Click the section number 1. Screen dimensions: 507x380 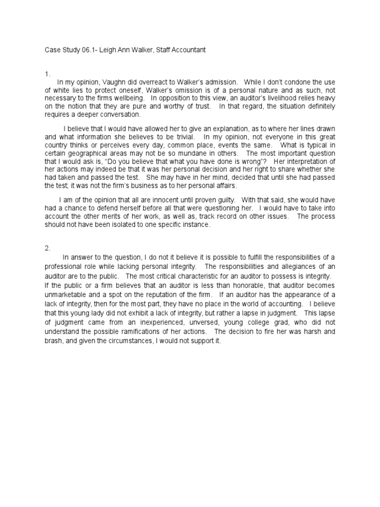[x=47, y=74]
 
